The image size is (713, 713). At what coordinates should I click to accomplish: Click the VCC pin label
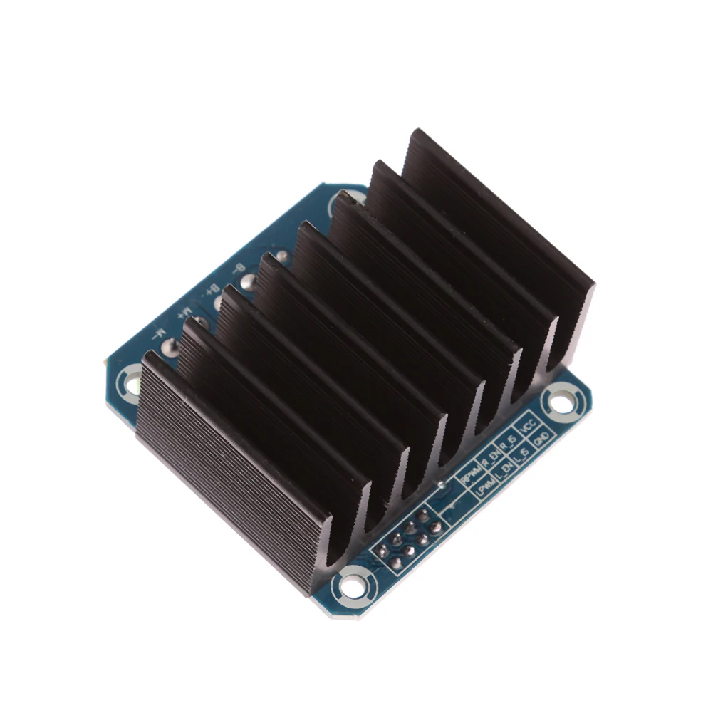[x=528, y=427]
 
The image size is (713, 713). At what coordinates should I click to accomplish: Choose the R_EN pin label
[x=489, y=457]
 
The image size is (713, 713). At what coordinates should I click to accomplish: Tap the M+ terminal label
[x=184, y=312]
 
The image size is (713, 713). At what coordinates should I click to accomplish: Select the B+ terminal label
[x=211, y=291]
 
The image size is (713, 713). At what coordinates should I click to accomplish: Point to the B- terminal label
[x=238, y=269]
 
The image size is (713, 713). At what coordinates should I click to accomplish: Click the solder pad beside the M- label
[x=170, y=348]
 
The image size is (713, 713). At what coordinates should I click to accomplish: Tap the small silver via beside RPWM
[x=442, y=485]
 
